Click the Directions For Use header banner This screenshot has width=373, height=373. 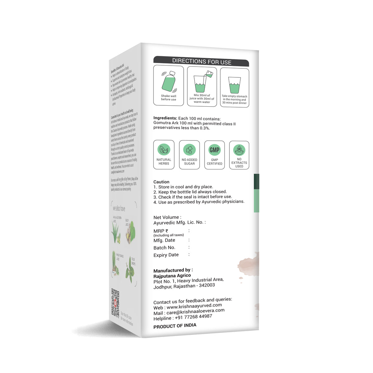pos(201,62)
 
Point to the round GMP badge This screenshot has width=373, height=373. pos(214,150)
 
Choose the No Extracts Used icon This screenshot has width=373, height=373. pos(239,150)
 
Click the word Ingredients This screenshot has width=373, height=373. pos(165,118)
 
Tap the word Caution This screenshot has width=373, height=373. pos(161,182)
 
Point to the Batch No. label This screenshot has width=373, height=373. pos(164,248)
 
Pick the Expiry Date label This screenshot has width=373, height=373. pos(166,255)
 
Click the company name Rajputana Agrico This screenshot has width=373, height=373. pos(172,276)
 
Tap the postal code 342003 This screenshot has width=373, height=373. pos(207,285)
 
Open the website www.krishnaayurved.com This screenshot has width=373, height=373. pos(194,306)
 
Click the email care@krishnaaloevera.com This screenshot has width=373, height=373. pos(196,311)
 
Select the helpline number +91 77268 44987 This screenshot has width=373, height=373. pos(193,317)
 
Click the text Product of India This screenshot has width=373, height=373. pos(175,326)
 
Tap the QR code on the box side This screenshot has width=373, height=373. pos(115,303)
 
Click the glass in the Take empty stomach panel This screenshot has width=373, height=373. pos(234,85)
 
